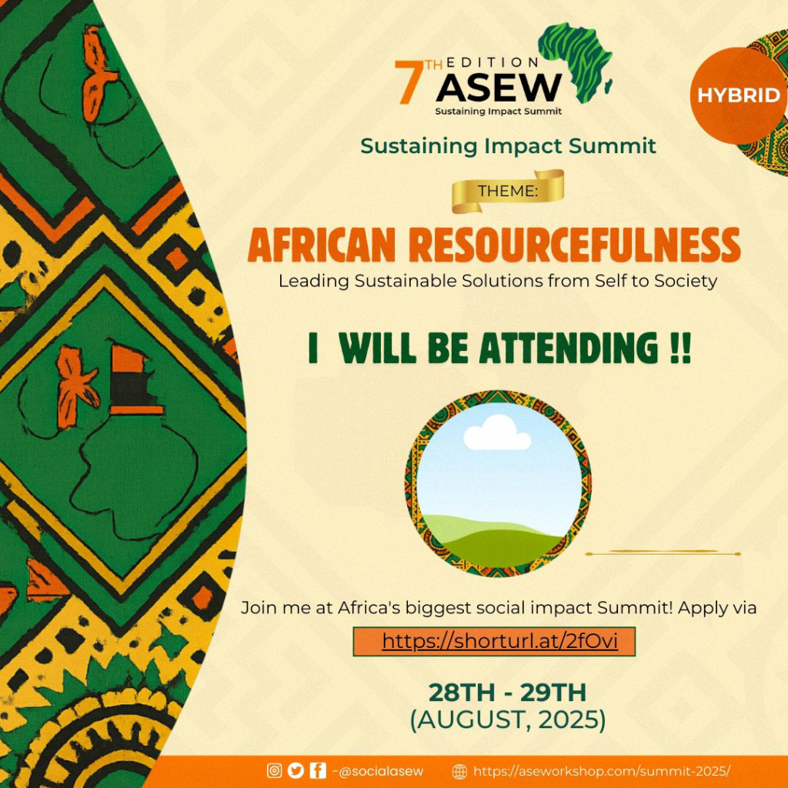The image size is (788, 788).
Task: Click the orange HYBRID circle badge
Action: (738, 95)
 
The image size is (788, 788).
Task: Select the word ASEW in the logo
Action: (499, 88)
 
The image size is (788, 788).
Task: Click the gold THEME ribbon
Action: (508, 191)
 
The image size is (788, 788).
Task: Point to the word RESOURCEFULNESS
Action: (574, 245)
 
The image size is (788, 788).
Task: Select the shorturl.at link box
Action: (494, 641)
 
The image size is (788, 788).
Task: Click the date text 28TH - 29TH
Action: (507, 693)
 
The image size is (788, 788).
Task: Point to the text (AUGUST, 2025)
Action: (508, 720)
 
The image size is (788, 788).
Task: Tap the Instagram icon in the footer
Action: (275, 770)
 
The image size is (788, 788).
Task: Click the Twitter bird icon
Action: (296, 770)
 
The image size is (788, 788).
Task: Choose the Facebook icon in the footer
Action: (318, 770)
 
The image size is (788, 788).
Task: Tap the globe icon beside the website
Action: (459, 771)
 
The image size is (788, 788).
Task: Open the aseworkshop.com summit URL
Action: (602, 771)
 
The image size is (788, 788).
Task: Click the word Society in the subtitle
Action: (685, 280)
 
